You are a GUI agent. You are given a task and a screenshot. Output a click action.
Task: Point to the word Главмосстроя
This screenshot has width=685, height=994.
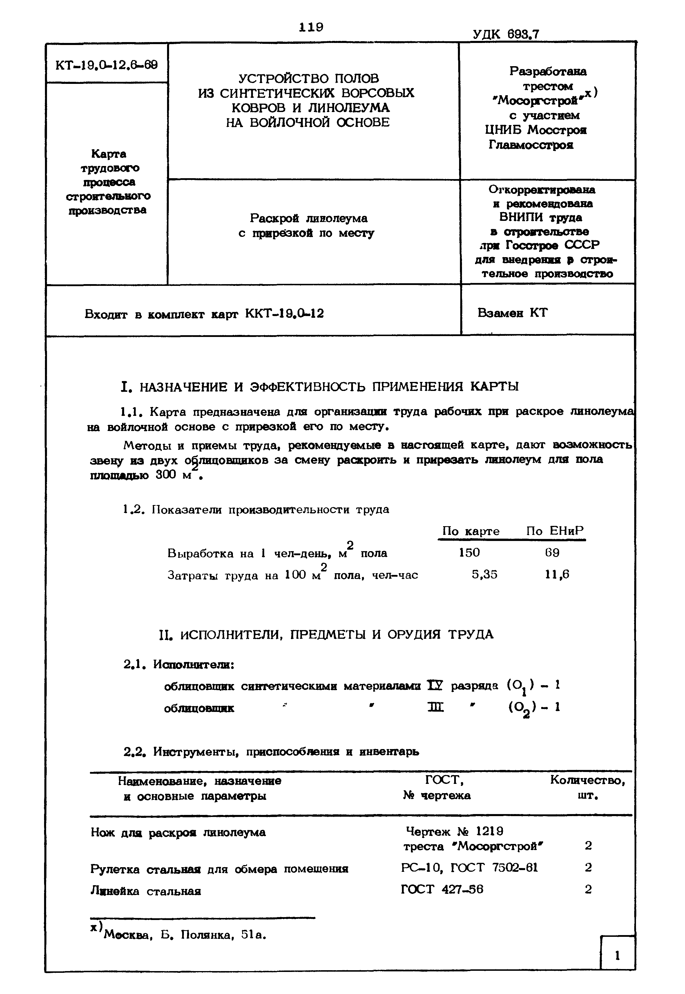(x=531, y=145)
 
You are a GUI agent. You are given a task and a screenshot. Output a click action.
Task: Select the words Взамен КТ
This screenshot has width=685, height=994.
(x=512, y=313)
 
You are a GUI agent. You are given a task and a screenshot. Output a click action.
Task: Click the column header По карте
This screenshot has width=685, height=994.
(x=471, y=531)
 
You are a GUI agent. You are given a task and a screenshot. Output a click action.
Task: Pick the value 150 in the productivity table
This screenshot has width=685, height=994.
(x=469, y=552)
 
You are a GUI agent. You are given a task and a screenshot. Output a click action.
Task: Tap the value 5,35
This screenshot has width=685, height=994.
(x=485, y=574)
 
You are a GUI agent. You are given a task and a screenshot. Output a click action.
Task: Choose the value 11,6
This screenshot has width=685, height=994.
(x=557, y=574)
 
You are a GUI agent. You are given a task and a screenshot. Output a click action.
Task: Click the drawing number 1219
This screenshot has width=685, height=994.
(x=490, y=831)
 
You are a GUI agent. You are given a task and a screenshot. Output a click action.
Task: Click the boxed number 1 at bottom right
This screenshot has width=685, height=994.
(x=617, y=956)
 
